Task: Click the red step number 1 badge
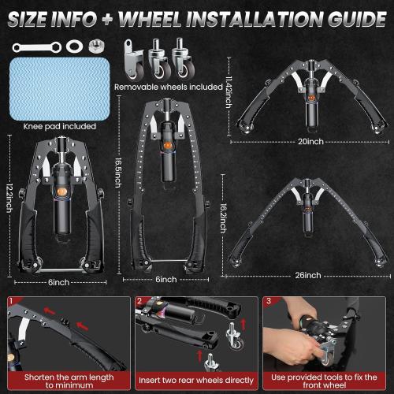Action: click(x=10, y=300)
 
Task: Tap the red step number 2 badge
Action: click(x=138, y=300)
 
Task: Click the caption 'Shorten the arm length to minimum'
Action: click(x=65, y=381)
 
